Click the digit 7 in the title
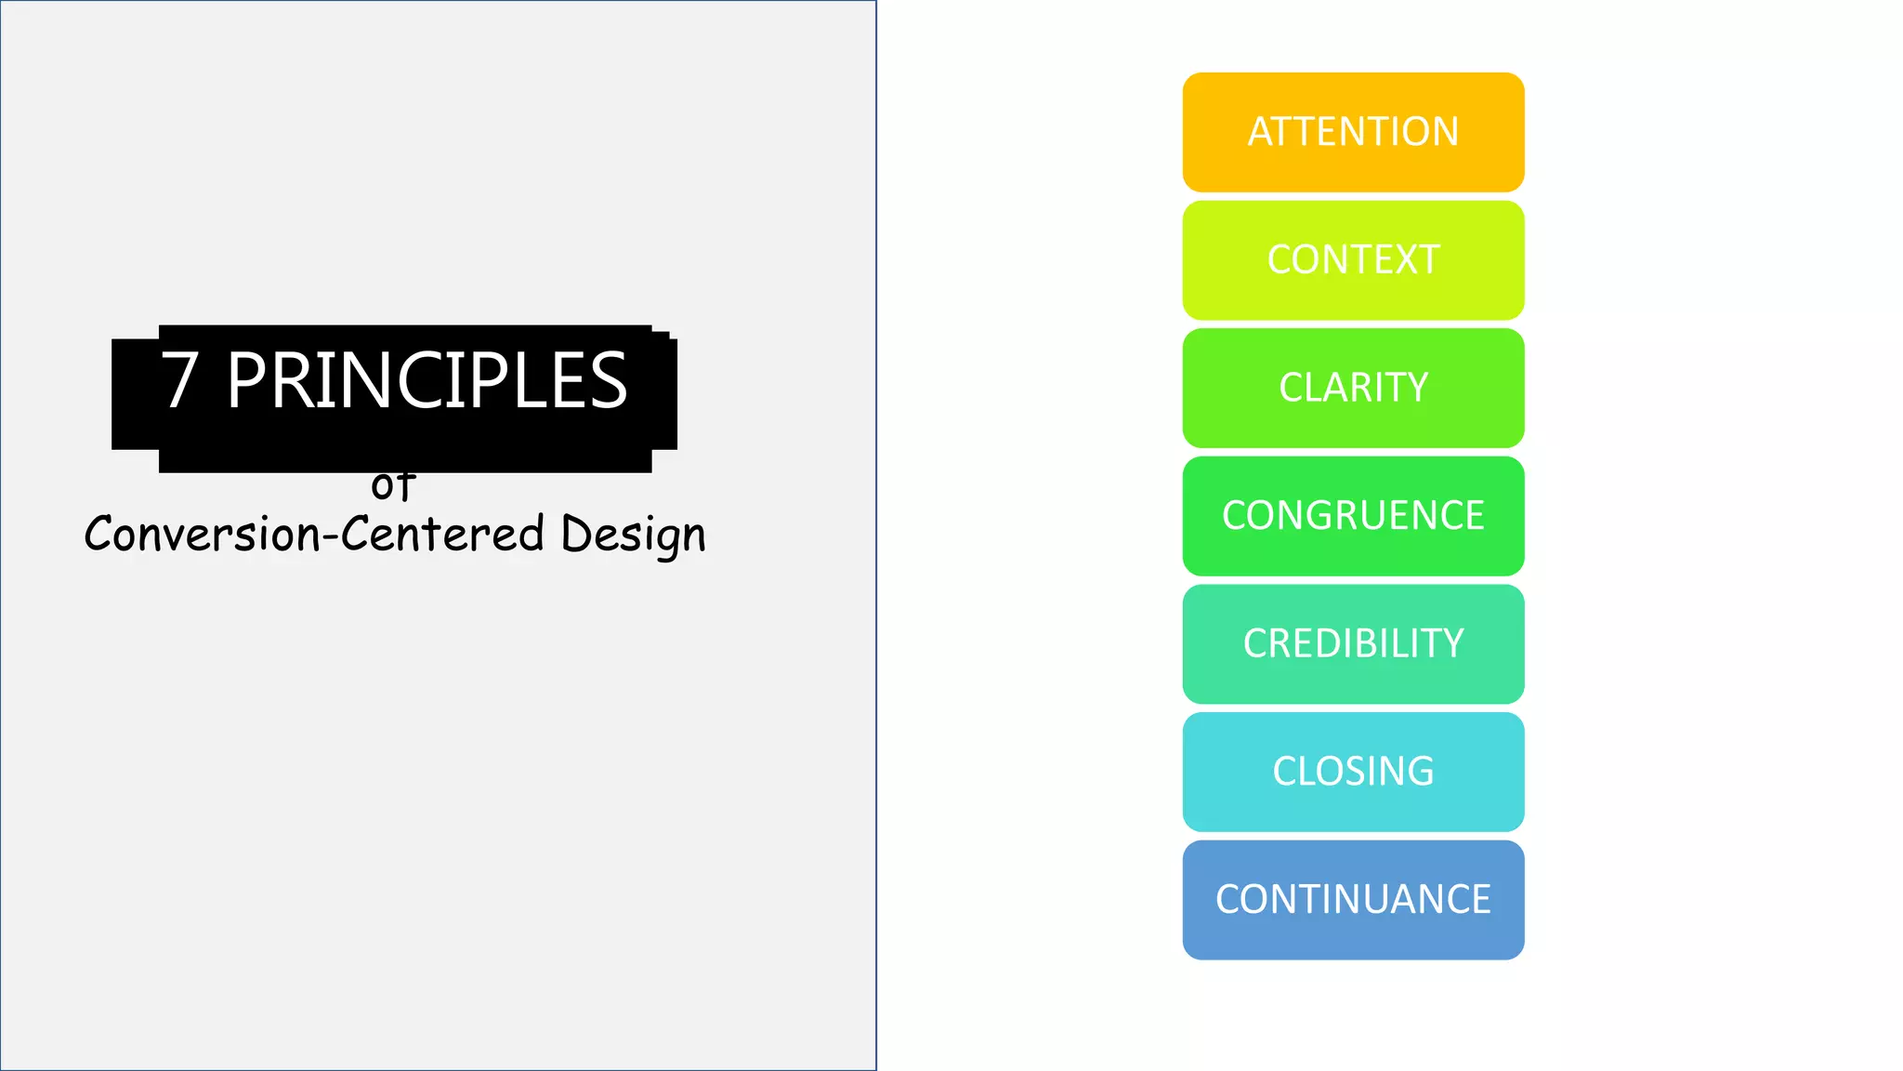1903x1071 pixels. [179, 380]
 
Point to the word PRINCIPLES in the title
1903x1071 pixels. [427, 380]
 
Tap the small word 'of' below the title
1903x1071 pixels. [392, 485]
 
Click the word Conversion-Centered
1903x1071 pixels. [314, 534]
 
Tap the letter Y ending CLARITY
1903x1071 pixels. [1417, 388]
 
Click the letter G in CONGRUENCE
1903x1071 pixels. [1310, 515]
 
